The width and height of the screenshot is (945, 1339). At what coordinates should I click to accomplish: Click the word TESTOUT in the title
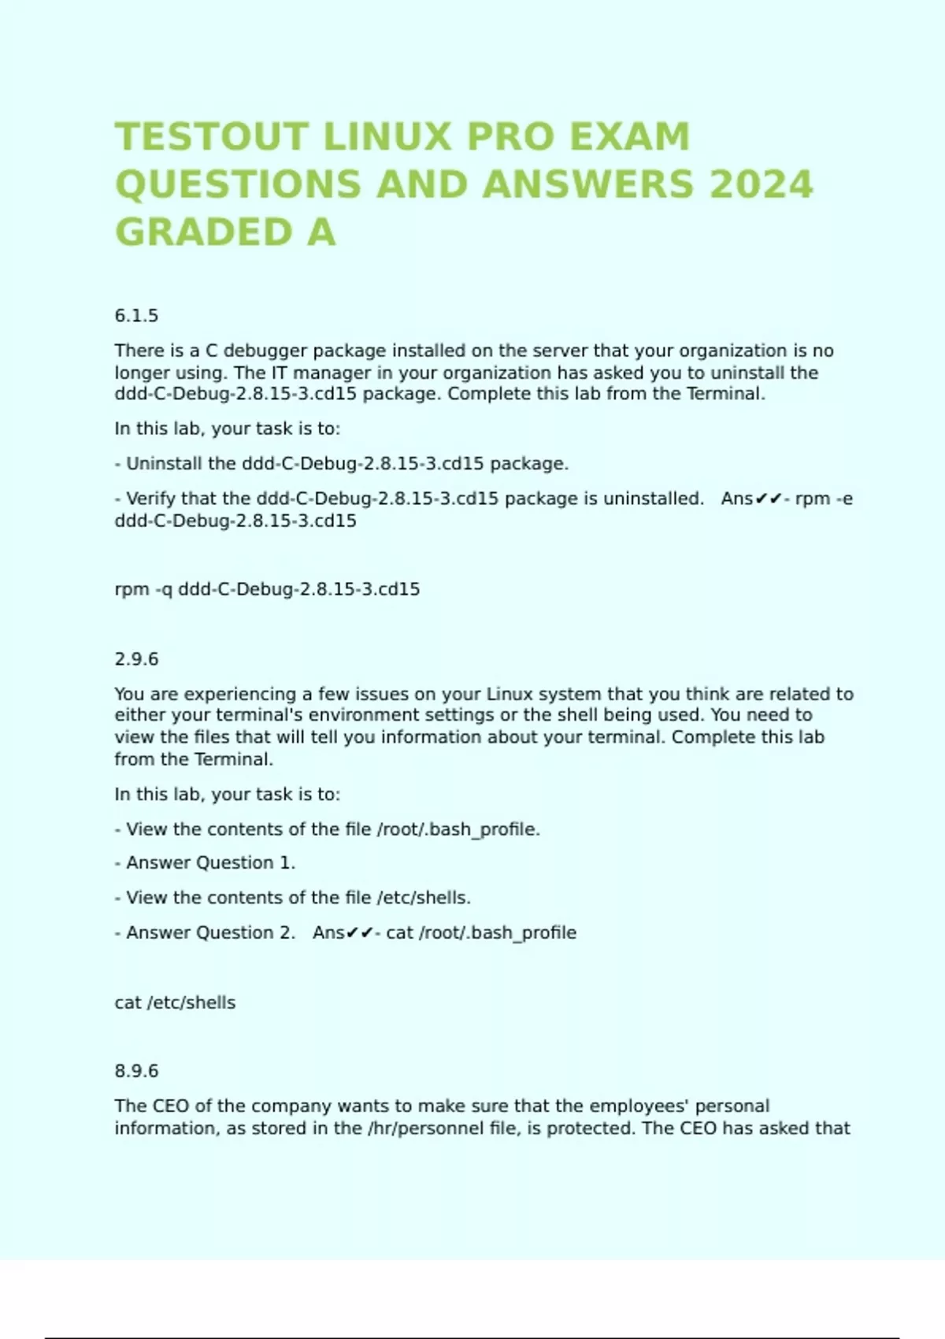(x=210, y=137)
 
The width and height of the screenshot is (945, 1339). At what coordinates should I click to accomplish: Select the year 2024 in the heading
(x=761, y=185)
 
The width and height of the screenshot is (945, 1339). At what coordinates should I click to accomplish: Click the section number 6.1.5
(x=136, y=316)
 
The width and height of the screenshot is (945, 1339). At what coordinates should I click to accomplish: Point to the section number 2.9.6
(x=136, y=659)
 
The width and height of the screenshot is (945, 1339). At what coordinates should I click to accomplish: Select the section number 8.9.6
(x=136, y=1071)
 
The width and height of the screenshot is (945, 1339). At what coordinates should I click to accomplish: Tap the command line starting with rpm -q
(x=267, y=589)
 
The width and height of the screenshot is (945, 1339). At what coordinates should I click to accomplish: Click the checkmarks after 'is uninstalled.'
(x=768, y=499)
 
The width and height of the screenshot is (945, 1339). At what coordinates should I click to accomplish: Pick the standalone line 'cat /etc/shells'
(x=175, y=1003)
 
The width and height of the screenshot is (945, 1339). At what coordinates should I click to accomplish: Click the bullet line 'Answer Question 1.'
(x=210, y=863)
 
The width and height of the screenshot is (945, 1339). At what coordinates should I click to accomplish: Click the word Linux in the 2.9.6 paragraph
(x=510, y=694)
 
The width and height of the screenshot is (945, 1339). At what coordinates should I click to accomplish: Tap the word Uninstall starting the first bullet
(x=164, y=463)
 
